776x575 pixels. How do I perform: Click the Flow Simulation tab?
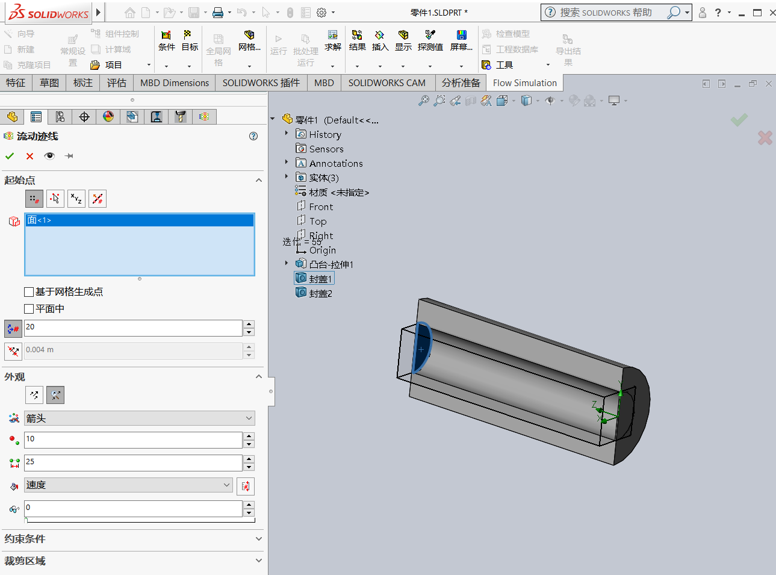[524, 83]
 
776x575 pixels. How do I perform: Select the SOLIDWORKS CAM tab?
[386, 83]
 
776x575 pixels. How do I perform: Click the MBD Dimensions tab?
[175, 83]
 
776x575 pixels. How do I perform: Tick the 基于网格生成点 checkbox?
[29, 292]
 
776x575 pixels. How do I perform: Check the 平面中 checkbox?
[29, 309]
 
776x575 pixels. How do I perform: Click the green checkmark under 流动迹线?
[10, 156]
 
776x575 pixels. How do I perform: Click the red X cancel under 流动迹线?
[29, 156]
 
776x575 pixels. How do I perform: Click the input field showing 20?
[132, 328]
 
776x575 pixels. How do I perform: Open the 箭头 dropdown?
[139, 418]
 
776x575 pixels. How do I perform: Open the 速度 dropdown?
[128, 485]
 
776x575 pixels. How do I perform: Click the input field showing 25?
[132, 462]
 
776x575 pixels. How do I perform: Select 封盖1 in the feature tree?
[320, 279]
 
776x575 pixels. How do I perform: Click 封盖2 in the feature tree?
[320, 293]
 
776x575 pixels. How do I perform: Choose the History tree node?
[324, 135]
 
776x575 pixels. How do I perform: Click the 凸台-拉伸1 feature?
[331, 264]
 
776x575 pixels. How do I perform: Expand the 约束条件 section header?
[132, 539]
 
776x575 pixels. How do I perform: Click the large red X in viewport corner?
[765, 138]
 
